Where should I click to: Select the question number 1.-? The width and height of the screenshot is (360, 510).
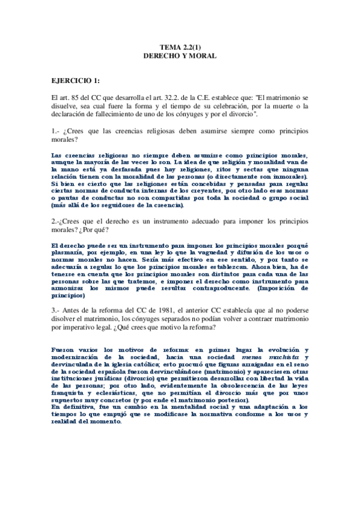56,131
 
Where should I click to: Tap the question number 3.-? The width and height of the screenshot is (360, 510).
56,309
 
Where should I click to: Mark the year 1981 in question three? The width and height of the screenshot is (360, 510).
169,309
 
